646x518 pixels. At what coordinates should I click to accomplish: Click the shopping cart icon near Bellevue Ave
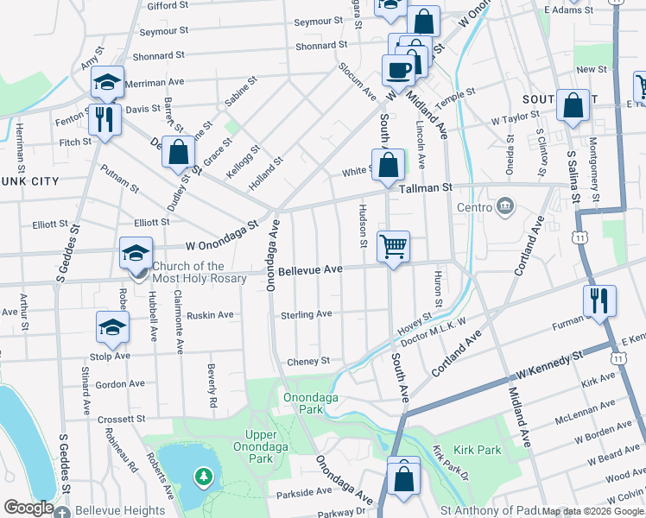393,247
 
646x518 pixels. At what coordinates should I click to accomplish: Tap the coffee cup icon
398,69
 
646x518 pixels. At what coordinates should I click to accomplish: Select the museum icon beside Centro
506,206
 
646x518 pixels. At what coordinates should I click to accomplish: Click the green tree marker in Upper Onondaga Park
204,476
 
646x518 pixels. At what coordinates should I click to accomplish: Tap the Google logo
29,508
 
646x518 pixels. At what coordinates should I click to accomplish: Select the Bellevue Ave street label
311,270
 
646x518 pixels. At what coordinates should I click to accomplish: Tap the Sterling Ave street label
306,315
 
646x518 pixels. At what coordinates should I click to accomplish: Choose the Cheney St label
309,361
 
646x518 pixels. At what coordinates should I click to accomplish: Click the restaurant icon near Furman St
598,300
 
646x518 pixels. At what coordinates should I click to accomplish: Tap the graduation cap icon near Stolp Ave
112,326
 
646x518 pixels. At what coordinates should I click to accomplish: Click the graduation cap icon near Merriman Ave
108,82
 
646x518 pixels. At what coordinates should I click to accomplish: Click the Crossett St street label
121,419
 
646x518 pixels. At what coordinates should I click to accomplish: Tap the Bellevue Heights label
120,510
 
